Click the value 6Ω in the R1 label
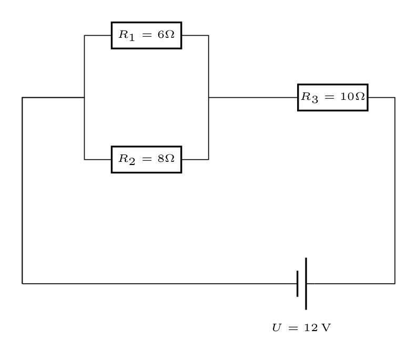166,34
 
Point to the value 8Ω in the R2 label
166,159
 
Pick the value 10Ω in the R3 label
353,96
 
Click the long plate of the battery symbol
306,284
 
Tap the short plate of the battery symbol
297,284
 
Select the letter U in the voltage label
277,327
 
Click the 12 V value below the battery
318,327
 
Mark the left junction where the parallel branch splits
84,98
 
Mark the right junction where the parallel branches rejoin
208,98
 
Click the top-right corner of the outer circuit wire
395,98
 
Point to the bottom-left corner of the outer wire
22,284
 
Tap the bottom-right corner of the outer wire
395,284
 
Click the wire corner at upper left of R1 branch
84,35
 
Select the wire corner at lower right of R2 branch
208,160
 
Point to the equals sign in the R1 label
147,35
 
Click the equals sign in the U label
293,328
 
